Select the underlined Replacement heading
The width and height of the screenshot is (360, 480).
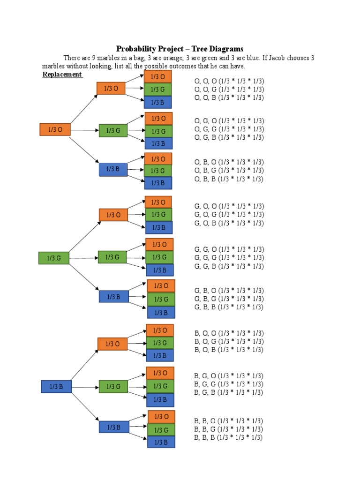[62, 75]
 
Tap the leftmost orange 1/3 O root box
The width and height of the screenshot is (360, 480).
[55, 130]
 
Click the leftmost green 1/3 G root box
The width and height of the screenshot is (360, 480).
[54, 258]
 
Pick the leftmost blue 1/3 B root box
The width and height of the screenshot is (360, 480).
[56, 387]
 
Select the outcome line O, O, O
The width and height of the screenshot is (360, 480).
[229, 81]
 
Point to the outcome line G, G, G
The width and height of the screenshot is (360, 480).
[229, 258]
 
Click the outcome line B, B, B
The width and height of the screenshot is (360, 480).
[228, 437]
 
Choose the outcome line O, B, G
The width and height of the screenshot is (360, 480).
[229, 170]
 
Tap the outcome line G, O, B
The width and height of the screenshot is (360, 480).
[229, 223]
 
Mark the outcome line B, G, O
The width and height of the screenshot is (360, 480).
[229, 375]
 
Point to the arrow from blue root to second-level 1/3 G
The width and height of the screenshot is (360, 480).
[84, 387]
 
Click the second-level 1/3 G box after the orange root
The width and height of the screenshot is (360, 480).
[113, 131]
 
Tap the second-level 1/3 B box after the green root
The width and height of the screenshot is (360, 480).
[113, 297]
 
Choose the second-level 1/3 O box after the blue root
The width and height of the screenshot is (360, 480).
[112, 344]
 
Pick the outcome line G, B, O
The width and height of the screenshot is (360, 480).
[229, 291]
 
